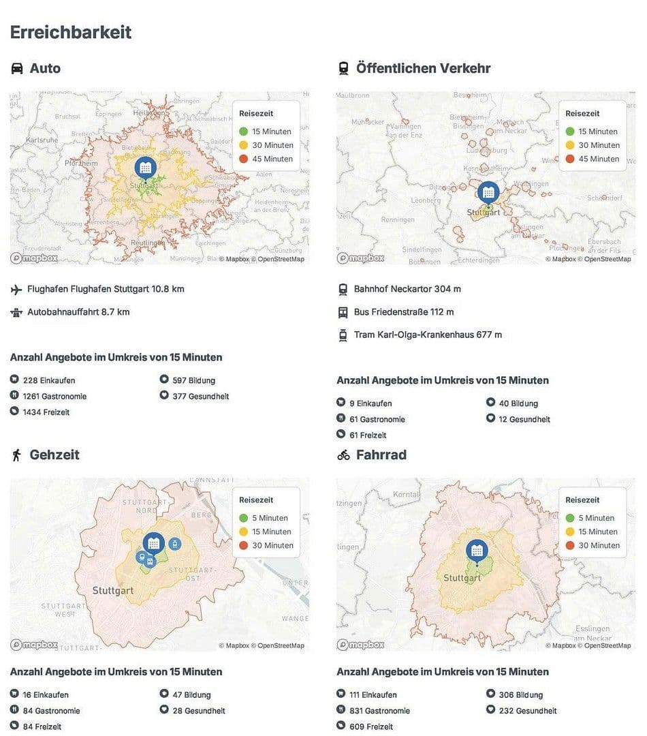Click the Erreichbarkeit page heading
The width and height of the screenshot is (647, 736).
pos(71,32)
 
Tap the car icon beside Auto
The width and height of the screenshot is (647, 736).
pos(17,68)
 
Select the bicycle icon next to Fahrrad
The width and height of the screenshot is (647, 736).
pos(343,455)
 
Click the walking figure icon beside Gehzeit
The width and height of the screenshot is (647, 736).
pos(16,455)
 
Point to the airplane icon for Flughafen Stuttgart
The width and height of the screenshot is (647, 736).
pos(16,290)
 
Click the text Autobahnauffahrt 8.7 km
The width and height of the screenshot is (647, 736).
pos(78,312)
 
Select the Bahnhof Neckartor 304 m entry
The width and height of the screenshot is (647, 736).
pos(407,289)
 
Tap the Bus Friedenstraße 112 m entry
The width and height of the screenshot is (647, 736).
pos(403,312)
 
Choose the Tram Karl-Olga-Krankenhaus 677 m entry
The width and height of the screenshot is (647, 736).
pos(428,335)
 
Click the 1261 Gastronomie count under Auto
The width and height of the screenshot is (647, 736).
pos(54,396)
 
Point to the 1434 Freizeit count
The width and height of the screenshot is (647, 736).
pos(46,412)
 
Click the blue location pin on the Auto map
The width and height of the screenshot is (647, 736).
pos(145,168)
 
